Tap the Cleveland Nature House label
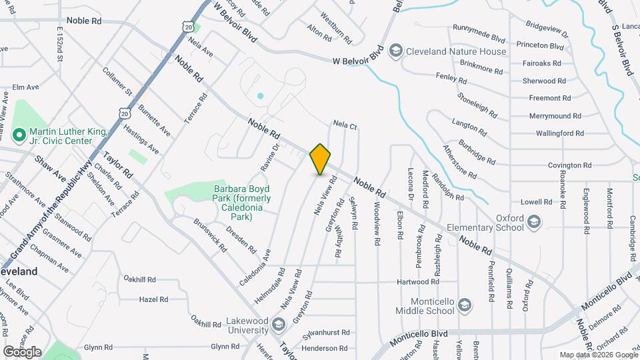pyautogui.click(x=456, y=51)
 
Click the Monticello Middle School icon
pyautogui.click(x=465, y=306)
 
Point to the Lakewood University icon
pyautogui.click(x=279, y=324)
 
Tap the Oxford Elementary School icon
pyautogui.click(x=534, y=221)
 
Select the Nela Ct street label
pyautogui.click(x=345, y=125)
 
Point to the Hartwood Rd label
pyautogui.click(x=417, y=282)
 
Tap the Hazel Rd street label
pyautogui.click(x=153, y=299)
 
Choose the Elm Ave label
pyautogui.click(x=27, y=87)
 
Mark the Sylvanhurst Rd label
pyautogui.click(x=326, y=332)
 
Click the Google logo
pyautogui.click(x=22, y=351)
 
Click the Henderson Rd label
pyautogui.click(x=325, y=348)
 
